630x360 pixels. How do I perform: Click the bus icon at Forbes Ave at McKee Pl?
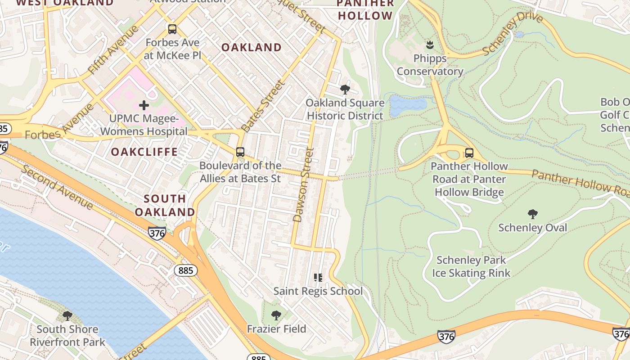click(x=172, y=29)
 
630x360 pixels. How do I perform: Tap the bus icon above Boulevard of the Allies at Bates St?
click(x=240, y=152)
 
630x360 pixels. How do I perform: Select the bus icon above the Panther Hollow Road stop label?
click(x=469, y=153)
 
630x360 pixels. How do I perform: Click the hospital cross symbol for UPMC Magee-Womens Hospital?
click(x=144, y=106)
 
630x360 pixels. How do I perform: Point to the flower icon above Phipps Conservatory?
click(x=430, y=45)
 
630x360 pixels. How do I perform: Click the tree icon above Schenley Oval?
click(x=533, y=214)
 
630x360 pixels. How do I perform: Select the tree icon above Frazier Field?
click(x=276, y=315)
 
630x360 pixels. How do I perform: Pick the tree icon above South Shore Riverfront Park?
click(x=67, y=316)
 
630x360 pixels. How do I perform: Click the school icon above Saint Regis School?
click(x=318, y=278)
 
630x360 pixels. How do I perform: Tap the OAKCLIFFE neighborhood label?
click(x=144, y=152)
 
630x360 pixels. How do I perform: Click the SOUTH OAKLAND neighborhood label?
click(x=165, y=205)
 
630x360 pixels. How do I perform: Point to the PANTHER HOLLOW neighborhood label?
click(x=365, y=10)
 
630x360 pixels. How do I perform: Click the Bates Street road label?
click(x=263, y=106)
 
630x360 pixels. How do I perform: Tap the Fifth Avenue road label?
click(x=114, y=50)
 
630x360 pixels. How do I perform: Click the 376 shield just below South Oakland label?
click(x=157, y=233)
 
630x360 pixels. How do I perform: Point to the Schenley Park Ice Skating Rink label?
click(x=471, y=266)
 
